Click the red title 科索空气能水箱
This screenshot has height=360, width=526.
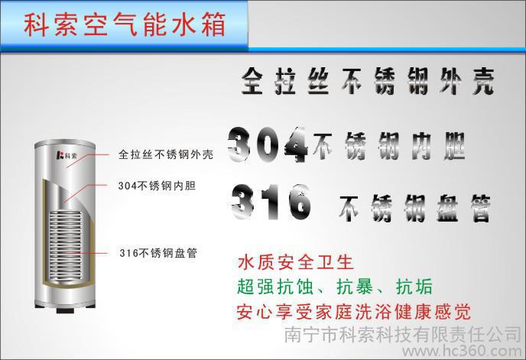[x=124, y=24]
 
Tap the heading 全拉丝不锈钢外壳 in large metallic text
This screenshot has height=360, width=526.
[x=368, y=81]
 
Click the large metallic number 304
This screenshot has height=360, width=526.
[x=268, y=144]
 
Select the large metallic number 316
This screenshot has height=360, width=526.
[x=271, y=202]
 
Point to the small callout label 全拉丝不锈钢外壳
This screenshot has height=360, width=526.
[x=166, y=154]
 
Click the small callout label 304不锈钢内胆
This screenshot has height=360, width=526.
[x=157, y=186]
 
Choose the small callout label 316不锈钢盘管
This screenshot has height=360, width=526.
[x=158, y=253]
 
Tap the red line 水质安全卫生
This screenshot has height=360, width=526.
[x=295, y=262]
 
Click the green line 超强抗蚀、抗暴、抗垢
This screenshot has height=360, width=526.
[x=335, y=287]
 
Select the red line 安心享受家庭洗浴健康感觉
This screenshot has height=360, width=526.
[x=354, y=312]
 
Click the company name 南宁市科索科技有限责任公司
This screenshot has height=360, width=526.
[x=403, y=334]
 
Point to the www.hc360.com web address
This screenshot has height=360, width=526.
[x=463, y=351]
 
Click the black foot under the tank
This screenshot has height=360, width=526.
[x=65, y=310]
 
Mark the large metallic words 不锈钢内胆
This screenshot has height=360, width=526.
[x=389, y=146]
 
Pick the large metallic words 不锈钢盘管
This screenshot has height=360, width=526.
[x=414, y=208]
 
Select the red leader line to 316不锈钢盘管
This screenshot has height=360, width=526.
[x=86, y=253]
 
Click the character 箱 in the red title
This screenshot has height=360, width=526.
[x=214, y=24]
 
